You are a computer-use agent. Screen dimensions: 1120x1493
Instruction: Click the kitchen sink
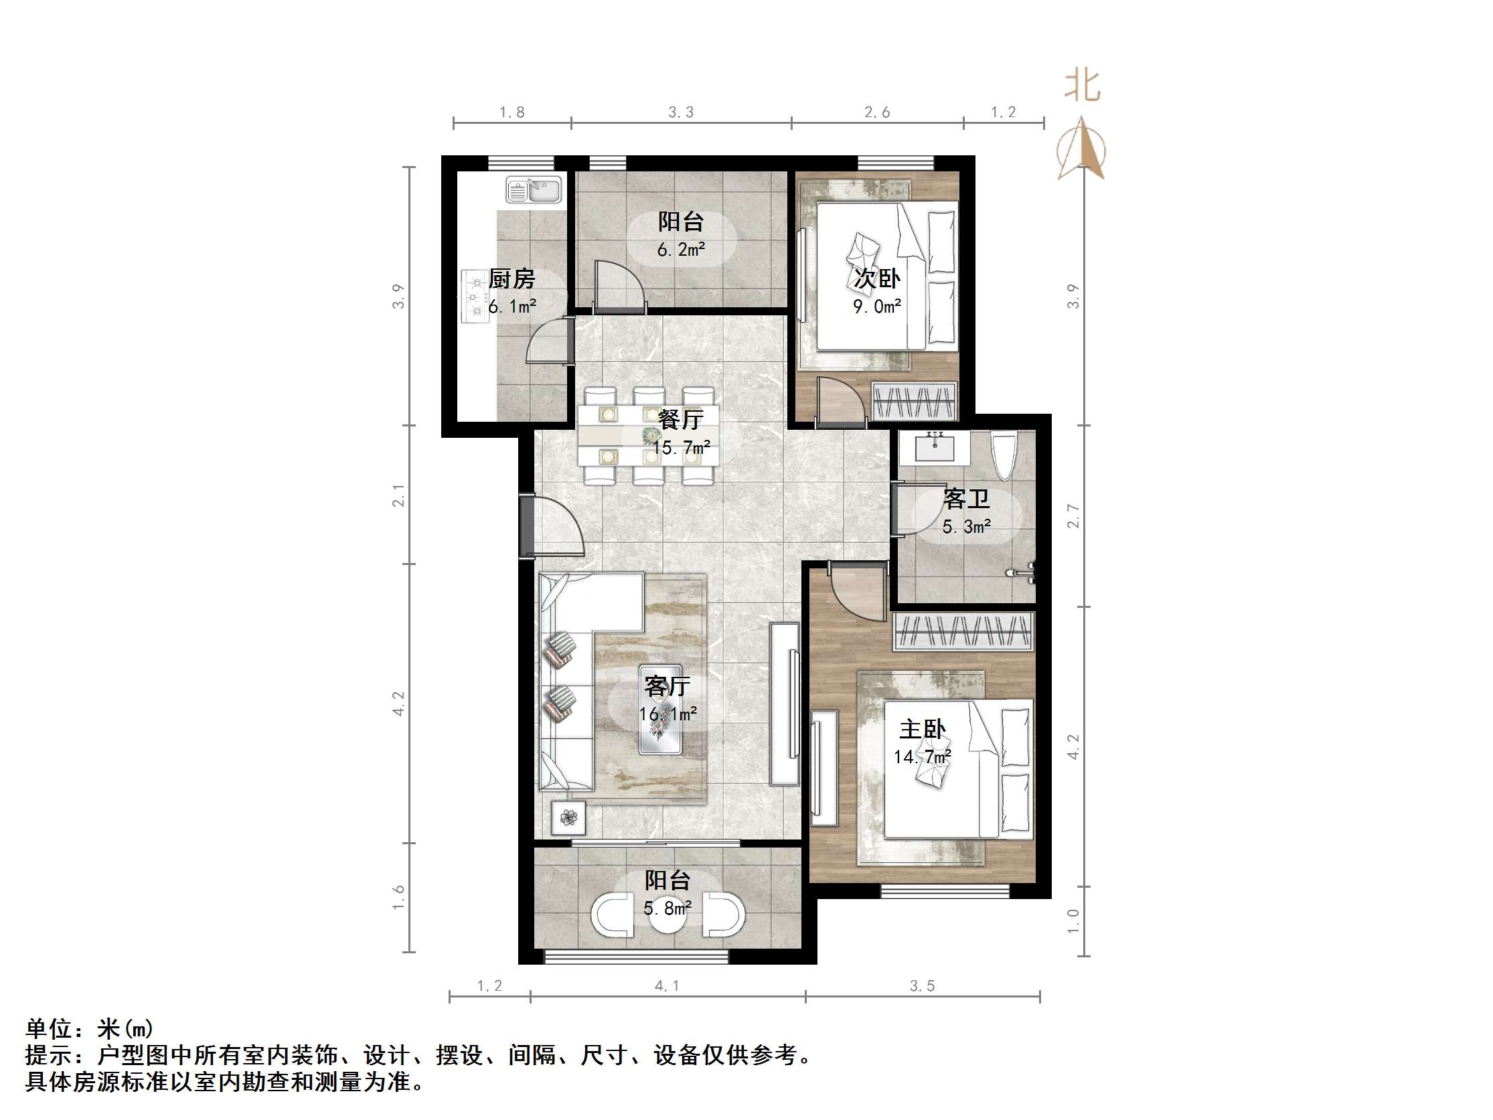tap(533, 189)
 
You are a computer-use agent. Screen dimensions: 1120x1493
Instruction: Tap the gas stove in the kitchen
tap(475, 297)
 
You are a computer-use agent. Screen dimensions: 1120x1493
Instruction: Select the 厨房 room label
tap(512, 278)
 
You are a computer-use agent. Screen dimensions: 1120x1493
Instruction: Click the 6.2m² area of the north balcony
tap(680, 250)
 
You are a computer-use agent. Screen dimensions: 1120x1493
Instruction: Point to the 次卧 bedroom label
tap(877, 278)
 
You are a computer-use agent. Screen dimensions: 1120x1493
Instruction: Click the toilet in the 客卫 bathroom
tap(1004, 455)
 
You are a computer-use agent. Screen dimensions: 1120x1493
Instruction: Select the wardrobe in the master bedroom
tap(963, 631)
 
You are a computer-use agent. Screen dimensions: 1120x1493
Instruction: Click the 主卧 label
tap(922, 729)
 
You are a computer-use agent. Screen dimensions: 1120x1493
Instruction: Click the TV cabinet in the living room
tap(785, 704)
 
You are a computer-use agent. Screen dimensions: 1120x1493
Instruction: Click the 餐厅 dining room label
tap(680, 419)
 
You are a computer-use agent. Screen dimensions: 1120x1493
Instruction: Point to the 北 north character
tap(1082, 86)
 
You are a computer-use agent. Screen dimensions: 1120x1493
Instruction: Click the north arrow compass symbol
tap(1082, 149)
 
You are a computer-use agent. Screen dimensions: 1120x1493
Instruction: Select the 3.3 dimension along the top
tap(680, 112)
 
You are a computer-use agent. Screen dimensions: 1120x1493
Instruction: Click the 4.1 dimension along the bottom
tap(667, 986)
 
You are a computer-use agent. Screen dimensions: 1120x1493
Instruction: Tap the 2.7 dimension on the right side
tap(1073, 515)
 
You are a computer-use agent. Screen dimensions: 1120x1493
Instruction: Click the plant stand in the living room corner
tap(568, 818)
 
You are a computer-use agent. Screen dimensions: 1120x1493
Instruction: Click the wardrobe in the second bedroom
tap(914, 402)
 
